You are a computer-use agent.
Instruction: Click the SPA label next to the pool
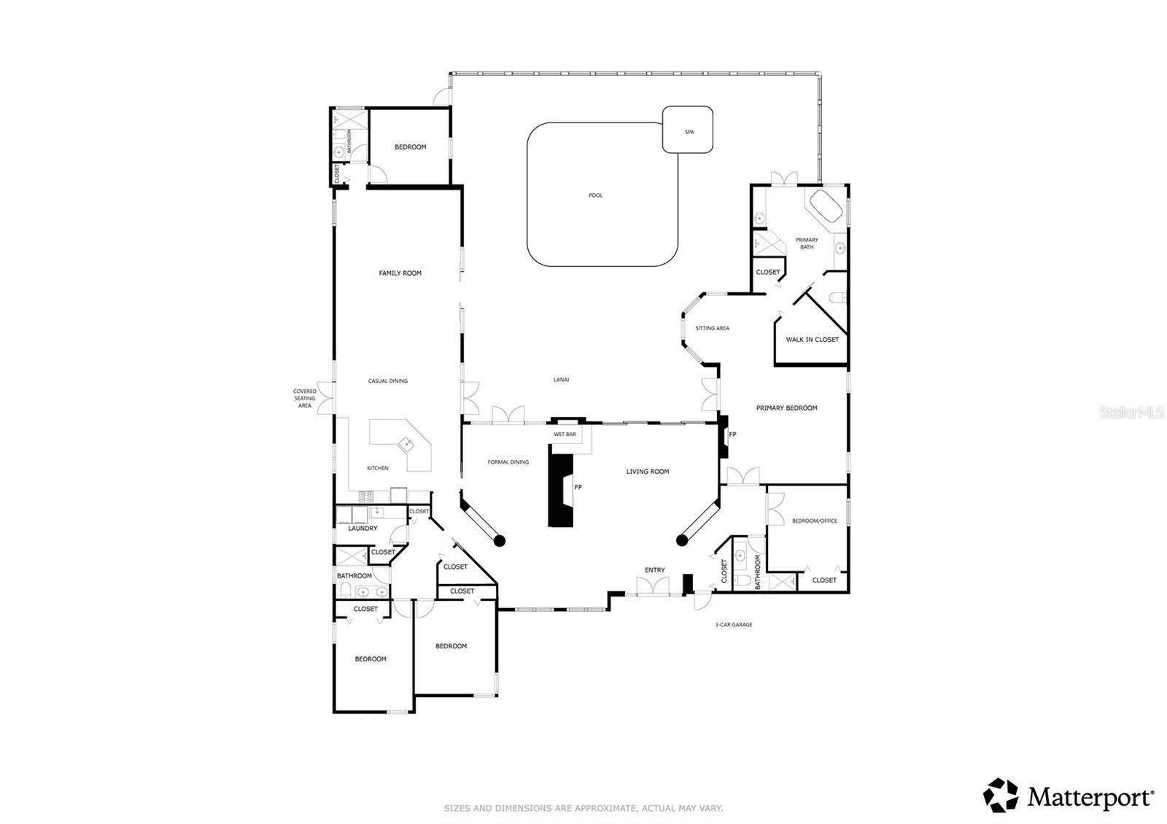tap(689, 132)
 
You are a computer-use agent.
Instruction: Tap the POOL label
tap(596, 195)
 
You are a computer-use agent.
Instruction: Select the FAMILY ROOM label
tap(400, 273)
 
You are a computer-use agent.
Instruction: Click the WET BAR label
tap(565, 435)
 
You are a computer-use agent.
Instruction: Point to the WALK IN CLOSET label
tap(812, 340)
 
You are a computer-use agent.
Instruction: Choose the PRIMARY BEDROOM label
tap(786, 408)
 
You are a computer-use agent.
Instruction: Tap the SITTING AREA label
tap(712, 329)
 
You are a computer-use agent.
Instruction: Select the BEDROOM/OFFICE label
tap(815, 521)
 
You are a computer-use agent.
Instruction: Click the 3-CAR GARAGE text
tap(733, 625)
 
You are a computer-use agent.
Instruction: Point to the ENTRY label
tap(654, 570)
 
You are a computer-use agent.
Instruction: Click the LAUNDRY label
tap(362, 529)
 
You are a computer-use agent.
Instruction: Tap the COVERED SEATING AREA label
tap(305, 398)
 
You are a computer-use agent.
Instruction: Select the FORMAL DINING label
tap(508, 462)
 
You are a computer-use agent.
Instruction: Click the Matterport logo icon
tap(1001, 796)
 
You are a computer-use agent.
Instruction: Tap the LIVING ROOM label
tap(647, 472)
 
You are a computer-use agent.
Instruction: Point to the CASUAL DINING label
tap(387, 381)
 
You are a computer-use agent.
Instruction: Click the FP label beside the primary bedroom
tap(732, 435)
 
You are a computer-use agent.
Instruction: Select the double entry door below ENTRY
tap(653, 587)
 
